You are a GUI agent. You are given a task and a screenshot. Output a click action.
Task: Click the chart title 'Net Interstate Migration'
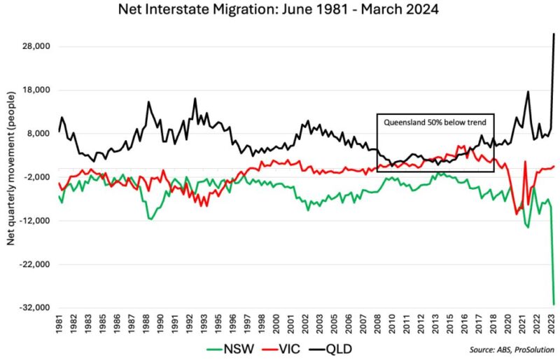coord(279,11)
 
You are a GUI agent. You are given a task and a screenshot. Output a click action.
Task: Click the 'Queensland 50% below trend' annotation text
coord(435,121)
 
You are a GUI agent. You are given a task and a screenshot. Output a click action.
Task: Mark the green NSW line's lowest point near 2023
coord(554,304)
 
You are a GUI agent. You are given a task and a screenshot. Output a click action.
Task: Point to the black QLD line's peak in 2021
coord(528,92)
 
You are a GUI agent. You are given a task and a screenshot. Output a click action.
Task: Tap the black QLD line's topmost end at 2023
coord(554,34)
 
